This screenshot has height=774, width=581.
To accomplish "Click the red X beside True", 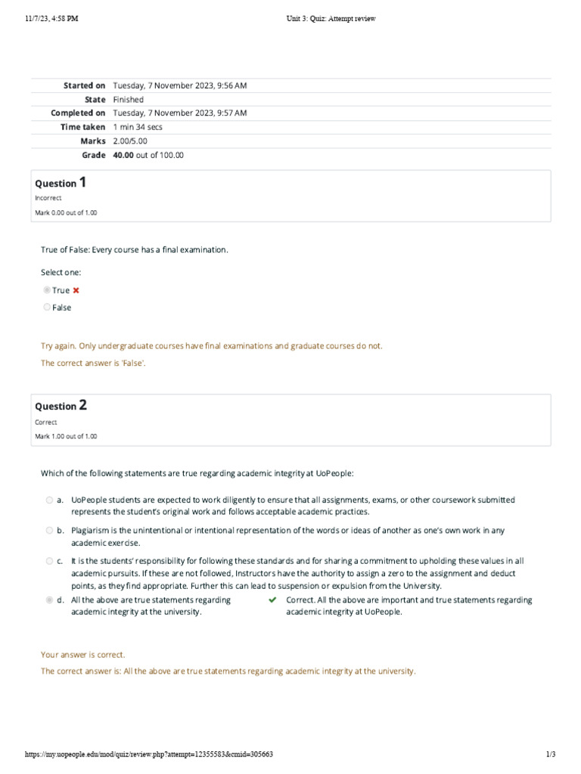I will pyautogui.click(x=76, y=290).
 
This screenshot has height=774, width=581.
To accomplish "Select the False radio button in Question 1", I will pyautogui.click(x=47, y=307).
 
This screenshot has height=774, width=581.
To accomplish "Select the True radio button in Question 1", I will pyautogui.click(x=47, y=290).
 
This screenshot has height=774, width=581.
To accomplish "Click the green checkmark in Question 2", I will pyautogui.click(x=273, y=600).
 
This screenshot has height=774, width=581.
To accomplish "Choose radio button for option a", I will pyautogui.click(x=49, y=500).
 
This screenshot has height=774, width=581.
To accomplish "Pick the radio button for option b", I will pyautogui.click(x=49, y=531).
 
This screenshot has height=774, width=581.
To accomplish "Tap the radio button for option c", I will pyautogui.click(x=49, y=561).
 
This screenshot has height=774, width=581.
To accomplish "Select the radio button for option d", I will pyautogui.click(x=49, y=600).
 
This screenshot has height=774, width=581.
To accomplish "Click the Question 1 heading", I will pyautogui.click(x=61, y=182).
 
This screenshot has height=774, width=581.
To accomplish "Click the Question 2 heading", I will pyautogui.click(x=61, y=405).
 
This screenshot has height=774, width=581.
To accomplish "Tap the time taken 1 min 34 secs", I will pyautogui.click(x=138, y=127).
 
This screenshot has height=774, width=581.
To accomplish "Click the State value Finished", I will pyautogui.click(x=128, y=99).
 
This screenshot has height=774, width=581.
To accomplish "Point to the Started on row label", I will pyautogui.click(x=84, y=85).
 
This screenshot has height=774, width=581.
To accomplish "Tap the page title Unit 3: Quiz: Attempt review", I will pyautogui.click(x=330, y=19).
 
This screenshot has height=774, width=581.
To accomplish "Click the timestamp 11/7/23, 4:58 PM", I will pyautogui.click(x=51, y=19).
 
